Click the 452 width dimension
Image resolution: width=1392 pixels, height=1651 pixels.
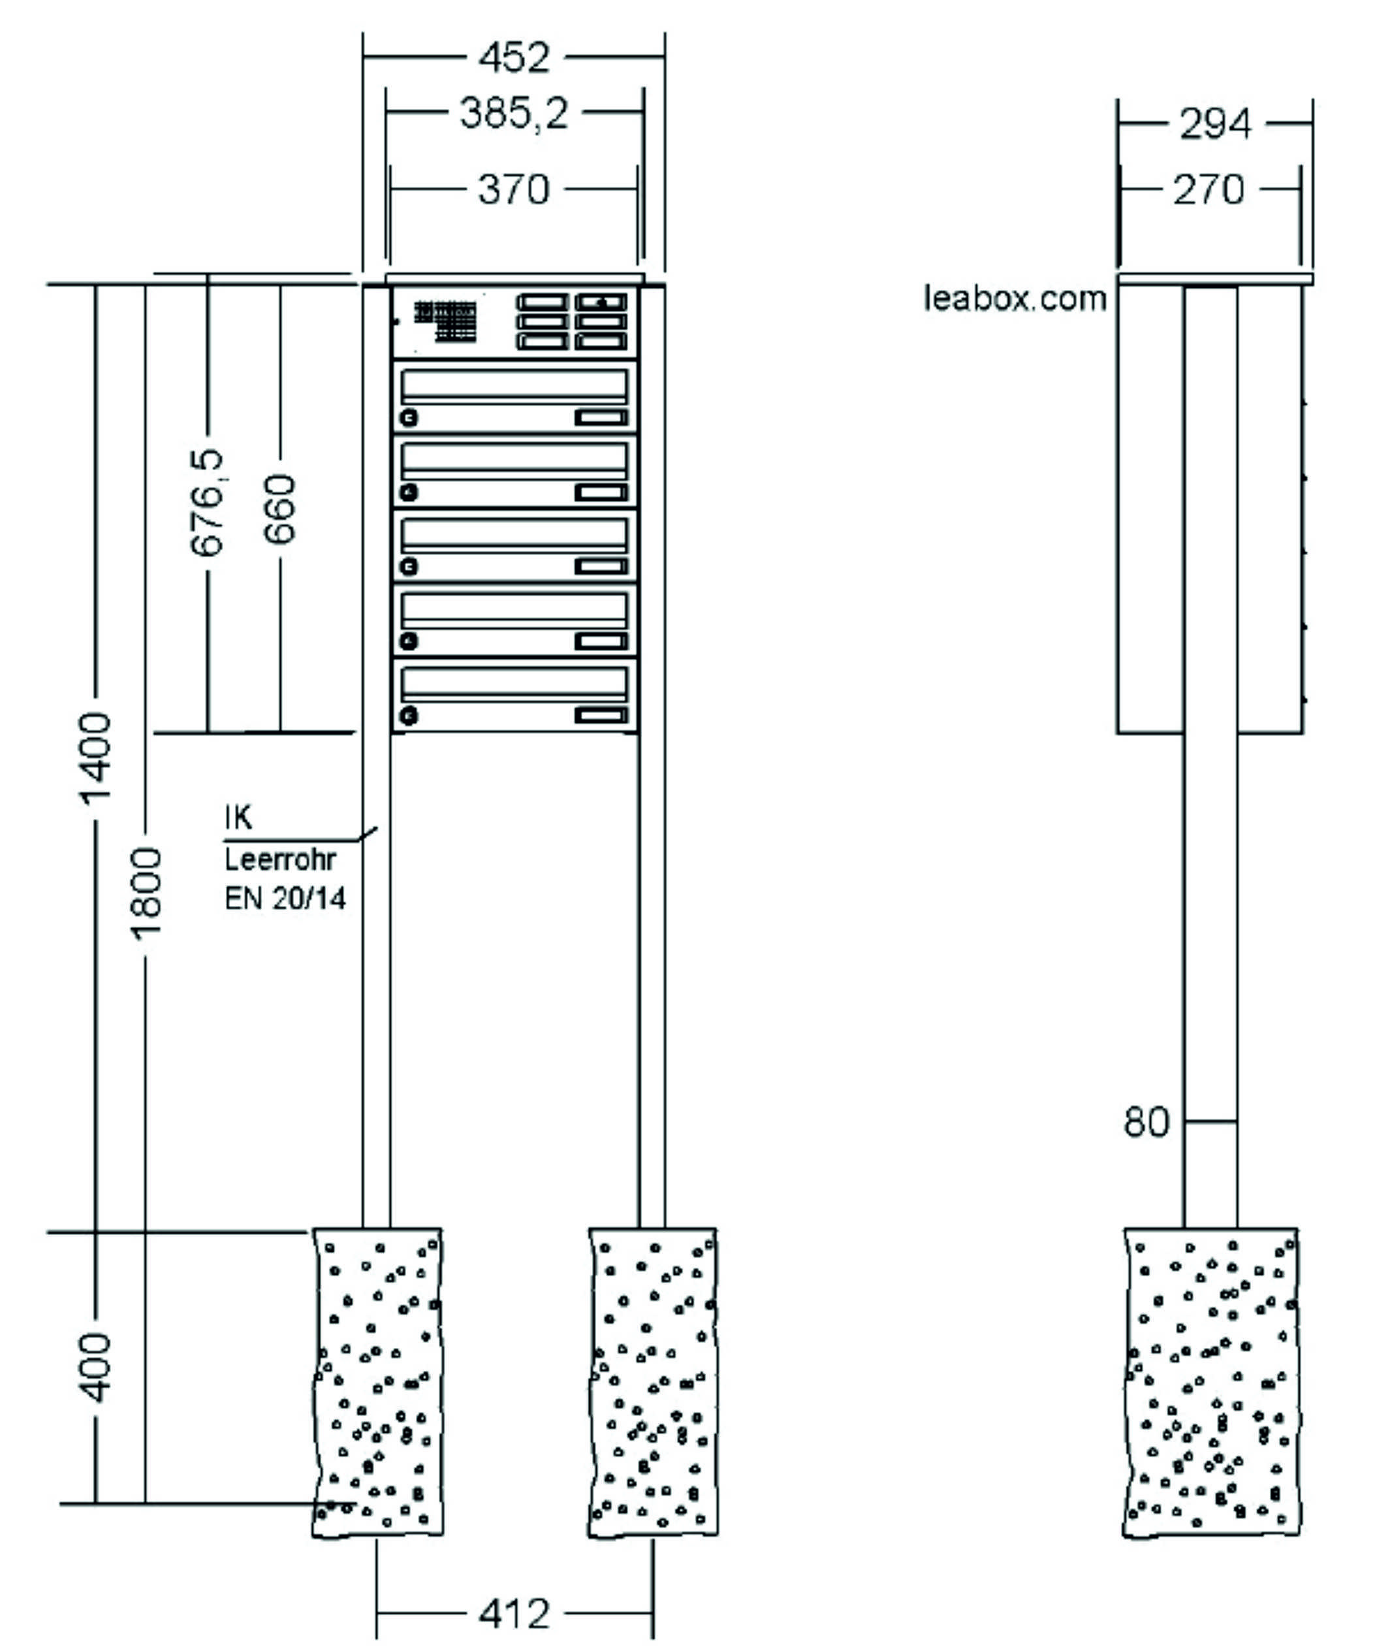[x=514, y=57]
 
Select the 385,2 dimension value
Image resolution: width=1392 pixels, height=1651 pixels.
[x=514, y=113]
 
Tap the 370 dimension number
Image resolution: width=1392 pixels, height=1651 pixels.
[x=514, y=190]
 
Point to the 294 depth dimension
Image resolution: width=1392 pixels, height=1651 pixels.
[x=1214, y=124]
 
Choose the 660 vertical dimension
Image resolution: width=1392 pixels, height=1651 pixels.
[x=280, y=509]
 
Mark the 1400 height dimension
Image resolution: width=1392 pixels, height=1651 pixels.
[x=96, y=758]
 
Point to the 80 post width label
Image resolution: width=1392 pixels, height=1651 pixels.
[x=1146, y=1121]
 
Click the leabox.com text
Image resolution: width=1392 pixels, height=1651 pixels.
[x=1015, y=299]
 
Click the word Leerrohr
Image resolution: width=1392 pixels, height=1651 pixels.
[x=280, y=859]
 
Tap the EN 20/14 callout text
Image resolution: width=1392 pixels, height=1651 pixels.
[x=285, y=899]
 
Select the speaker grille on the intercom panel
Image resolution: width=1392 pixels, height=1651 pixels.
[x=445, y=321]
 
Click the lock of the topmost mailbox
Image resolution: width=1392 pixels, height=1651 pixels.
[x=409, y=417]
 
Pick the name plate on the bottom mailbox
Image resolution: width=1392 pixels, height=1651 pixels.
[x=601, y=716]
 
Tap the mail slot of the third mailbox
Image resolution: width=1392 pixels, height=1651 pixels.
[x=514, y=536]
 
